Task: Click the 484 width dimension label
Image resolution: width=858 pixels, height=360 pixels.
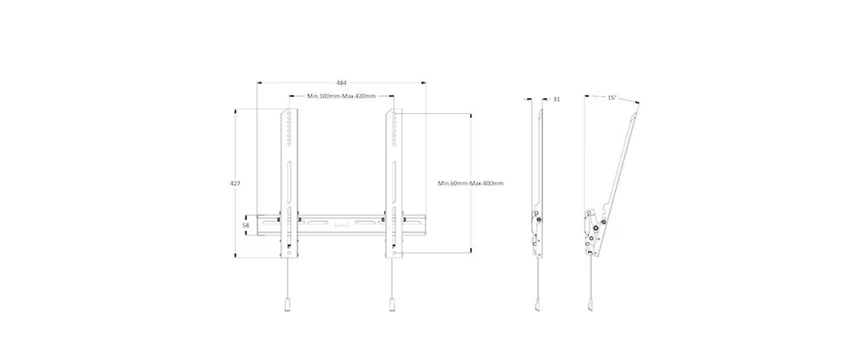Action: pyautogui.click(x=341, y=83)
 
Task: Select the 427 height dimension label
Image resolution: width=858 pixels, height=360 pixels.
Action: pyautogui.click(x=235, y=183)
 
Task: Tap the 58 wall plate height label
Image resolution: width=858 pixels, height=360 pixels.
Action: pyautogui.click(x=246, y=225)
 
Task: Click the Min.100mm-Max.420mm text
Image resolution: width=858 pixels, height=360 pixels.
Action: pyautogui.click(x=341, y=96)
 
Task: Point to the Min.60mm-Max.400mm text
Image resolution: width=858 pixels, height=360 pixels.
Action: pyautogui.click(x=470, y=183)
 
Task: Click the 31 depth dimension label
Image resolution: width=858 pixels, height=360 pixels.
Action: pyautogui.click(x=556, y=99)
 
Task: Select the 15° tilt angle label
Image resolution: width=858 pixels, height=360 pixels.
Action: pyautogui.click(x=612, y=98)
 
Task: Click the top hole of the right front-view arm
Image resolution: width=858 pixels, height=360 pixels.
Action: pyautogui.click(x=394, y=114)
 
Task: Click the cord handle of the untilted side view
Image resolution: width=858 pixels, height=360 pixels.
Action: pyautogui.click(x=537, y=305)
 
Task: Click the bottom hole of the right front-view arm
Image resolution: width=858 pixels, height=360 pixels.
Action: pyautogui.click(x=394, y=254)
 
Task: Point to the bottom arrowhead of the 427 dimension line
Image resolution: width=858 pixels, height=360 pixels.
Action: pyautogui.click(x=235, y=256)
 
